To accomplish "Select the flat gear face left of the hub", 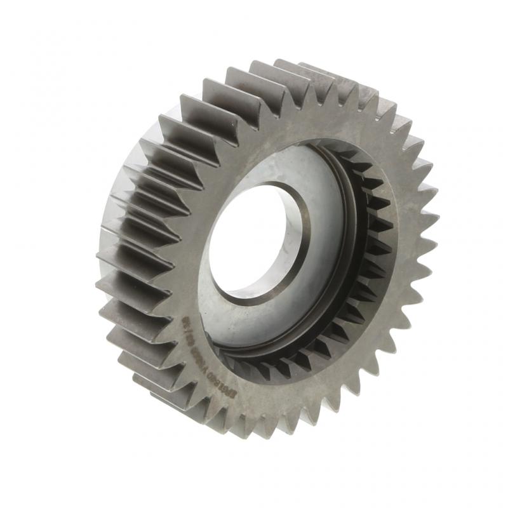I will [x=184, y=241].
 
